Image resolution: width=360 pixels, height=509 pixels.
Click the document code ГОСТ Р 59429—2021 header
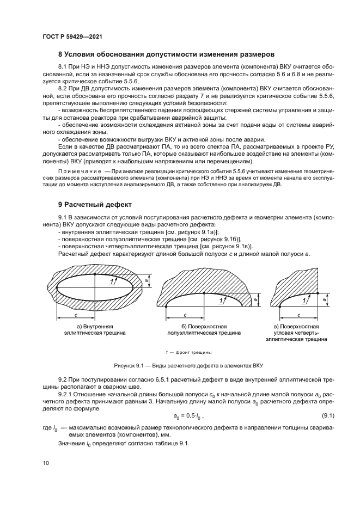click(x=72, y=36)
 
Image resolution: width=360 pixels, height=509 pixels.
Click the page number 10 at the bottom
click(x=45, y=463)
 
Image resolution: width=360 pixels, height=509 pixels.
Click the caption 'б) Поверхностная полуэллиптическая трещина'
click(x=204, y=328)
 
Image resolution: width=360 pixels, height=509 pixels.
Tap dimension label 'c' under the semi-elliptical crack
click(x=185, y=315)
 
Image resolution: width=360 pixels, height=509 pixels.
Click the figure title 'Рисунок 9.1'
click(x=129, y=365)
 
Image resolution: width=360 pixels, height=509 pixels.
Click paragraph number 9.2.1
click(x=66, y=394)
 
